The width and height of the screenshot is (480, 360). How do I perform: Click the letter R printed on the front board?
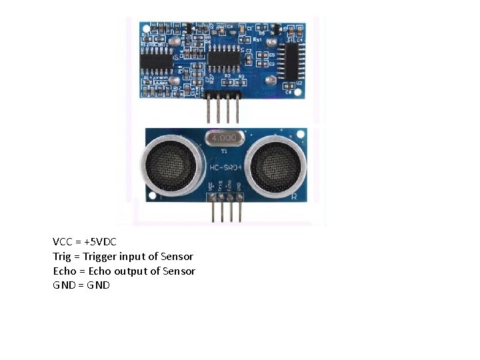294,197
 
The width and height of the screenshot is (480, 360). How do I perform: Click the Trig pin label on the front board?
221,185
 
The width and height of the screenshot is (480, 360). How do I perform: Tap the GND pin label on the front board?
239,185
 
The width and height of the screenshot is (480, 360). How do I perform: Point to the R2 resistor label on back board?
227,77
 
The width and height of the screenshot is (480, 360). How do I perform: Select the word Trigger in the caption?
99,256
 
